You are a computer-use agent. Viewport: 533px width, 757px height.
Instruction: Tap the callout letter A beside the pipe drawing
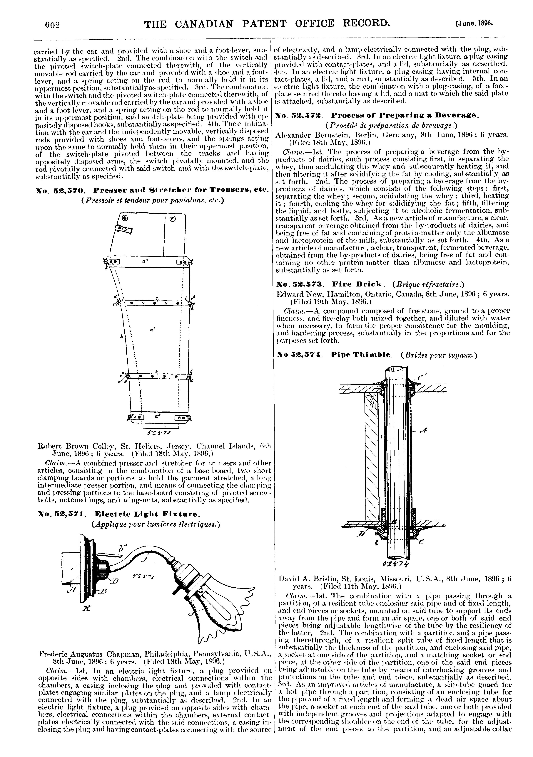[x=425, y=430]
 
